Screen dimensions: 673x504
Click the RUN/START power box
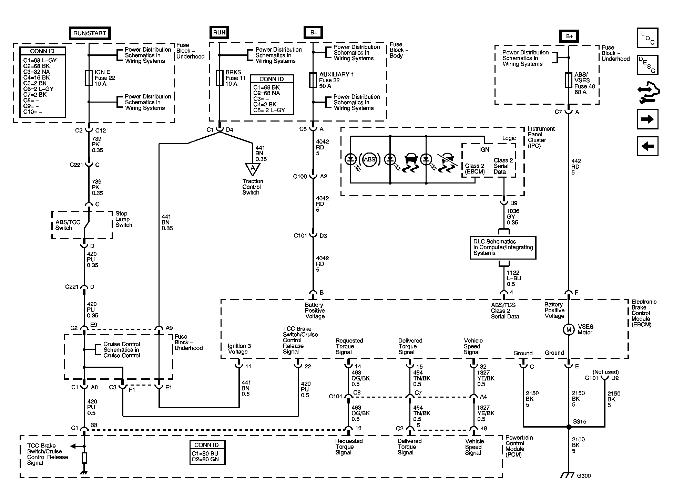pos(90,33)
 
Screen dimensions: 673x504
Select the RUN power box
pos(219,33)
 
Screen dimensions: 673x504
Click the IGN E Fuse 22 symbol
pos(89,78)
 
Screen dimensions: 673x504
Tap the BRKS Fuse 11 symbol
pos(219,78)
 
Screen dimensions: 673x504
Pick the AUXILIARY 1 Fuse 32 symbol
pos(313,80)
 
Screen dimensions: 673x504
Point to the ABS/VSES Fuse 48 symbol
pos(569,80)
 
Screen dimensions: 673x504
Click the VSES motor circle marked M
pos(569,330)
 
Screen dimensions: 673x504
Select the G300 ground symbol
pos(567,475)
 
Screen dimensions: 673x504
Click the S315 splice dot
pos(569,427)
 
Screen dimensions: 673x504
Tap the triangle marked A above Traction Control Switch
pos(253,169)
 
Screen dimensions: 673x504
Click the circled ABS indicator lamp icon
pos(369,159)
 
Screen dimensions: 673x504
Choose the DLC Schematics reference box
pos(503,247)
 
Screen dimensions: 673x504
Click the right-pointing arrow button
pos(647,119)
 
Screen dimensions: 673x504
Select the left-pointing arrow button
pos(647,146)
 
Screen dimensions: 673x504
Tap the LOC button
pos(647,38)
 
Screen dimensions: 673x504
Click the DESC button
pos(647,65)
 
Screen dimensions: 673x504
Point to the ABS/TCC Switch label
pos(68,225)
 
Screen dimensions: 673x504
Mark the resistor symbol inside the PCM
pos(84,458)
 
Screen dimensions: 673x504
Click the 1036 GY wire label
pos(513,217)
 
